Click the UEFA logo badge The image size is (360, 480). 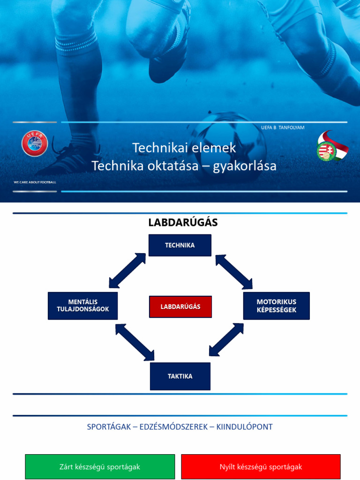pyautogui.click(x=35, y=143)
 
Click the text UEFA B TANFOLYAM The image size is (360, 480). pyautogui.click(x=283, y=127)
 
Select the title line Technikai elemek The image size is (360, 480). pyautogui.click(x=184, y=148)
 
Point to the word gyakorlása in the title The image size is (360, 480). pyautogui.click(x=245, y=166)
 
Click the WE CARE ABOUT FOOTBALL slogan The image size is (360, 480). pyautogui.click(x=35, y=182)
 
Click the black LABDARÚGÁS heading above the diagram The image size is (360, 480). pyautogui.click(x=183, y=223)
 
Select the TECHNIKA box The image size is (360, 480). pyautogui.click(x=180, y=245)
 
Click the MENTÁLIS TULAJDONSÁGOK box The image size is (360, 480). pyautogui.click(x=82, y=306)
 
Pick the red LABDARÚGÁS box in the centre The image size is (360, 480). pyautogui.click(x=180, y=307)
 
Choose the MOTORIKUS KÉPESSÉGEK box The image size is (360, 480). pyautogui.click(x=276, y=306)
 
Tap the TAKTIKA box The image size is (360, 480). pyautogui.click(x=180, y=376)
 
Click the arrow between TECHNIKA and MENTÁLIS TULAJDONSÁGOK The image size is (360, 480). pyautogui.click(x=127, y=270)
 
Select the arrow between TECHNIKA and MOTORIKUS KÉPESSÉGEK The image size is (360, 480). pyautogui.click(x=234, y=272)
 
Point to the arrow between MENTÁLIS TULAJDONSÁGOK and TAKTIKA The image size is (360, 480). pyautogui.click(x=135, y=342)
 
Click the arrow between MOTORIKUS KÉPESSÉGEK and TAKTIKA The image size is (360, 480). pyautogui.click(x=226, y=340)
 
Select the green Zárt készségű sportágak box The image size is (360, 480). pyautogui.click(x=100, y=467)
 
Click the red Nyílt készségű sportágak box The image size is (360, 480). pyautogui.click(x=261, y=467)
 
